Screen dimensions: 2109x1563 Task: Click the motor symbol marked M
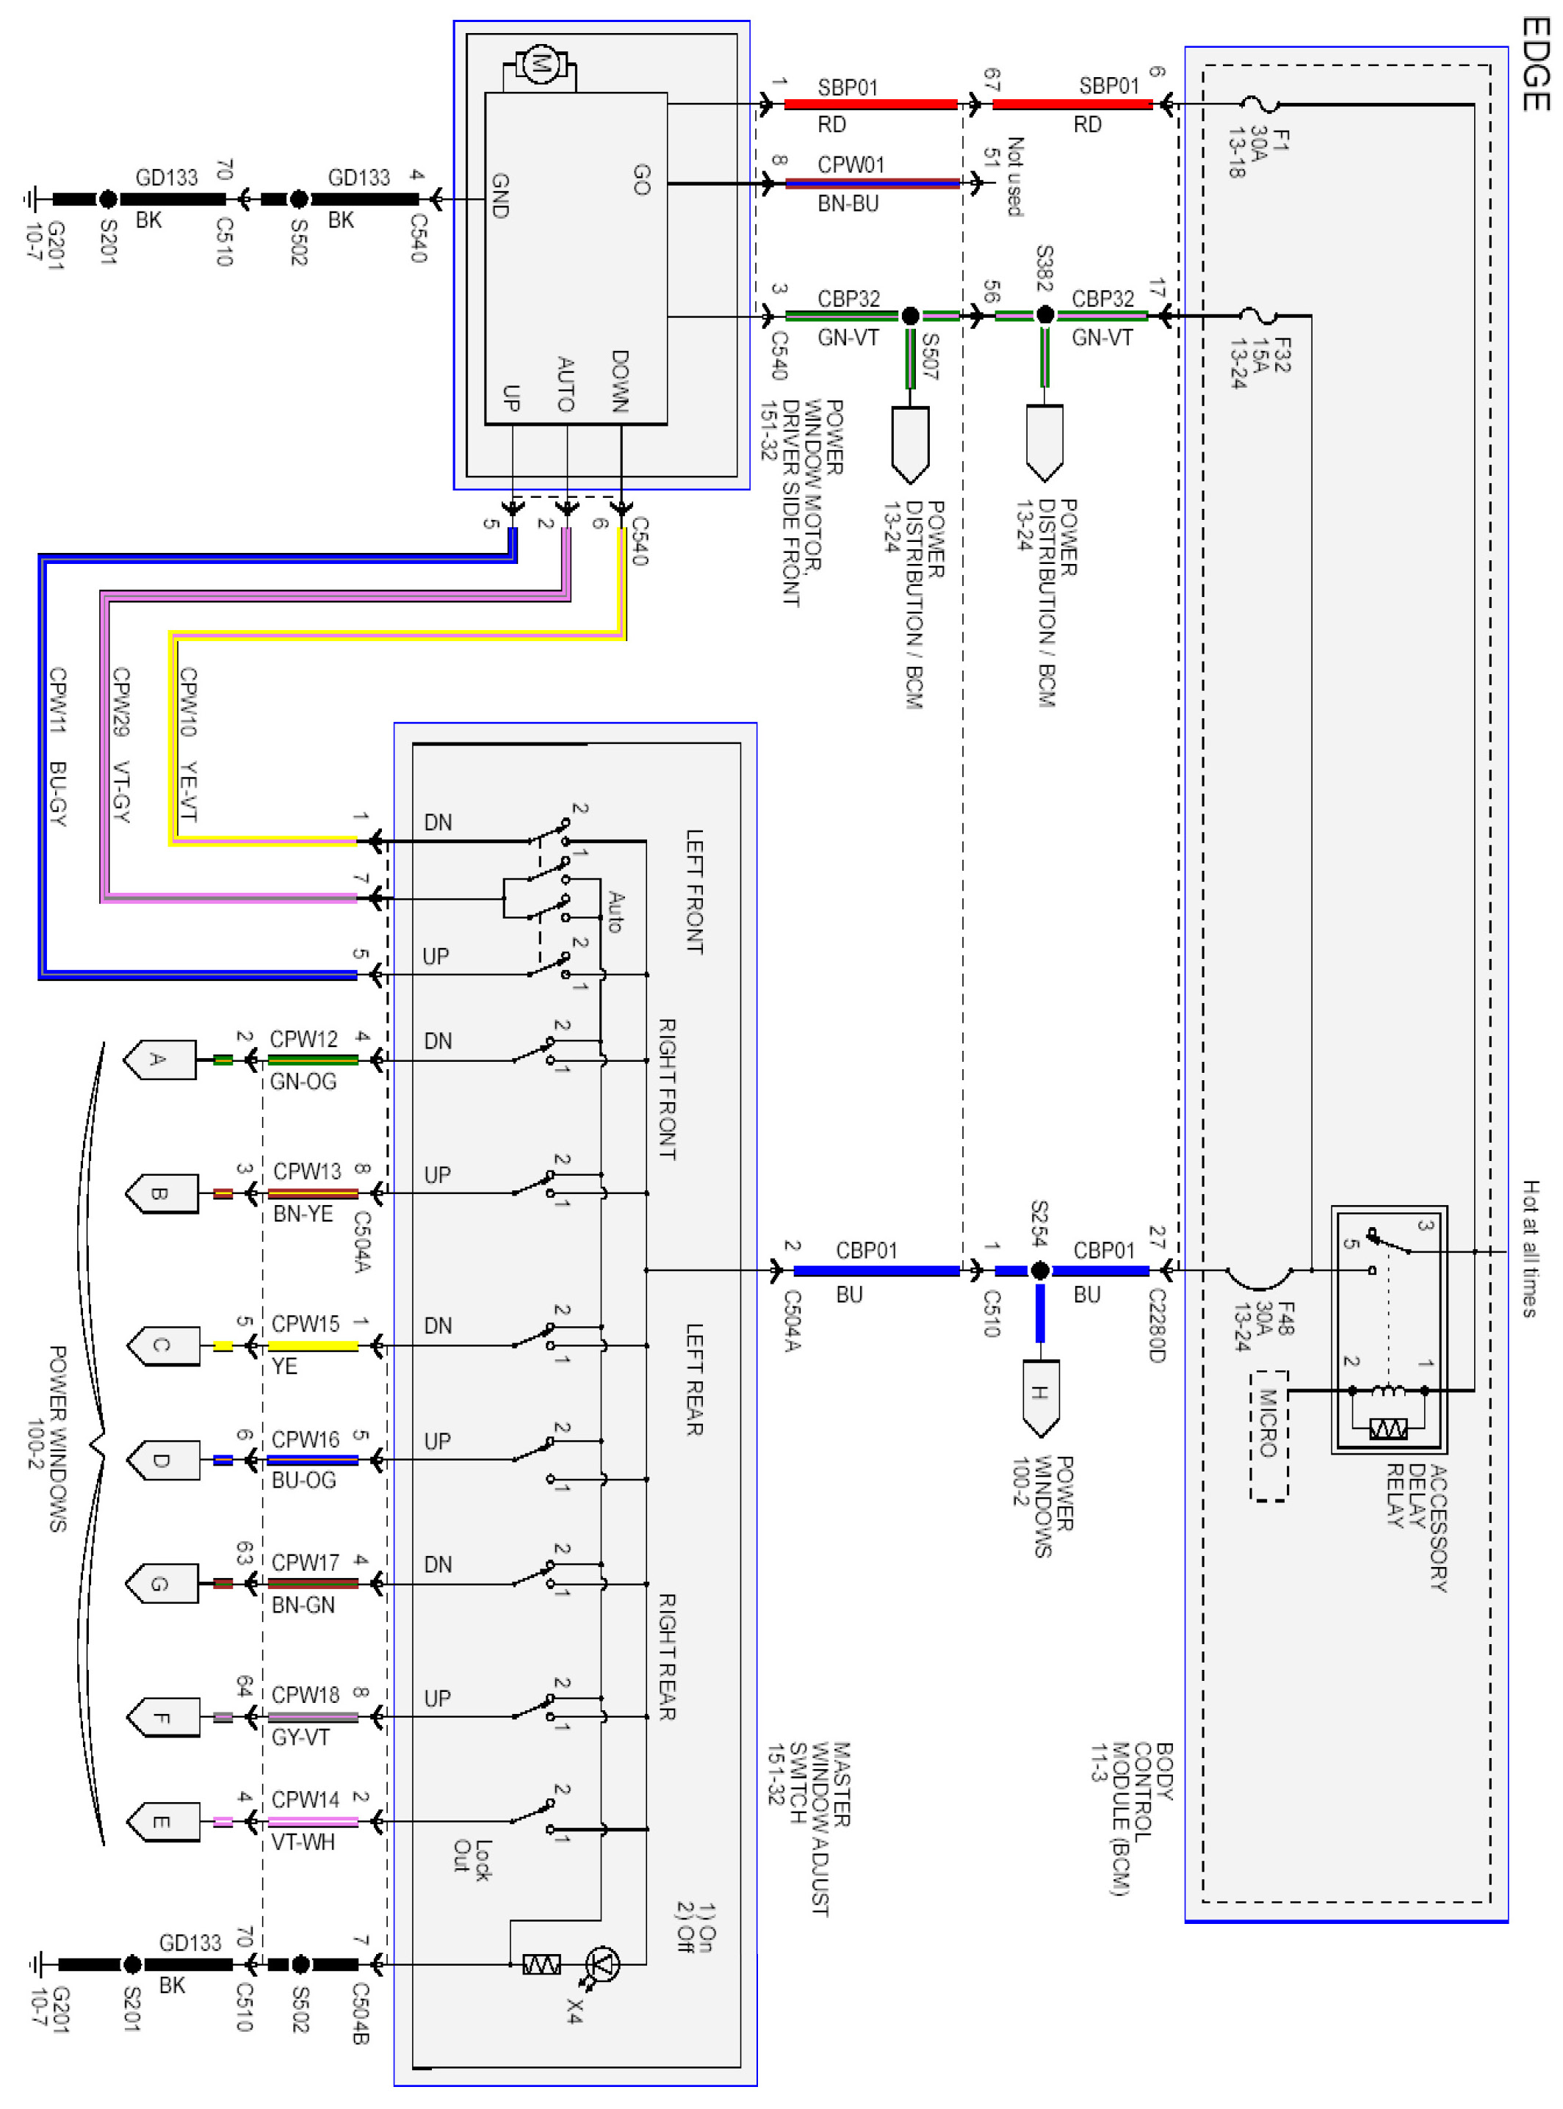(x=541, y=65)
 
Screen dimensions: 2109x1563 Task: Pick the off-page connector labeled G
(x=162, y=1583)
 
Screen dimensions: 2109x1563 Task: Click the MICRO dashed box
(x=1268, y=1435)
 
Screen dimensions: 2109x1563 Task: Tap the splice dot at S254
(x=1040, y=1270)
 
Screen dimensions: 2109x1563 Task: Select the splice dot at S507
(x=910, y=316)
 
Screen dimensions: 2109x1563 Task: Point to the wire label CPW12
(x=303, y=1038)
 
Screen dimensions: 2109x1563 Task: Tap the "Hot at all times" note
(x=1530, y=1248)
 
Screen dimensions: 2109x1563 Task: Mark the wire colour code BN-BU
(x=848, y=203)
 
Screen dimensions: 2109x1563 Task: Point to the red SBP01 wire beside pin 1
(x=870, y=104)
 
